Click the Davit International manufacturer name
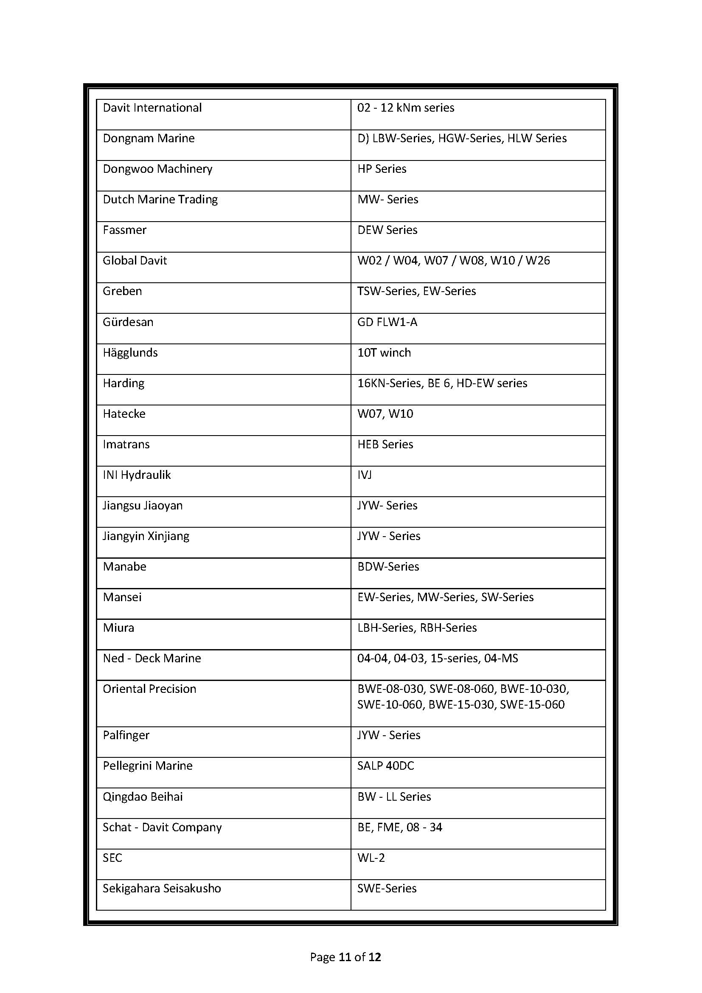click(152, 108)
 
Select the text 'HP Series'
click(382, 169)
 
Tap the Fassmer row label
click(124, 230)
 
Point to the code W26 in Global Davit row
click(538, 261)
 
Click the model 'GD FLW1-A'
click(388, 322)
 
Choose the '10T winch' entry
click(384, 353)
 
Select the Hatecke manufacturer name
click(124, 414)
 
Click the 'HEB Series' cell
click(385, 444)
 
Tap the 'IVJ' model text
click(365, 475)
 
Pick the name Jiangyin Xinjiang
click(146, 536)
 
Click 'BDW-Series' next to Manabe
click(388, 567)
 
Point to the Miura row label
click(118, 628)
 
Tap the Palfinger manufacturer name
click(126, 735)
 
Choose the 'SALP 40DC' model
click(385, 766)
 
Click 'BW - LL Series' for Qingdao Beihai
click(394, 796)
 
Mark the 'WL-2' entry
click(371, 858)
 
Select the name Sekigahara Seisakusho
click(162, 888)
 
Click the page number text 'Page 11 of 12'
click(345, 957)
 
